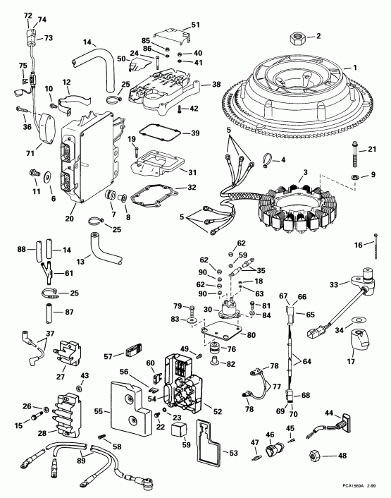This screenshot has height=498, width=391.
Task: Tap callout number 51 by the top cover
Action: (x=195, y=25)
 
